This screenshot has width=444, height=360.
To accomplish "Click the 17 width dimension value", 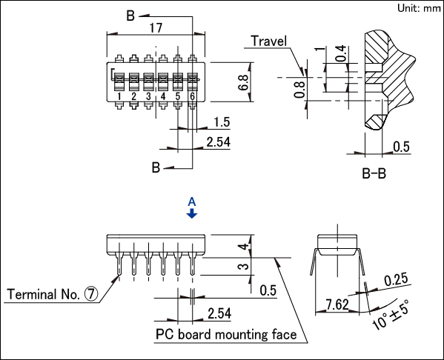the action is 156,28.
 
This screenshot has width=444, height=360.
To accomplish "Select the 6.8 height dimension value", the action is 243,83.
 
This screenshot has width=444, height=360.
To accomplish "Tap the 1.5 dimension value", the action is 222,122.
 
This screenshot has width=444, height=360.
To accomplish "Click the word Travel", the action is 269,41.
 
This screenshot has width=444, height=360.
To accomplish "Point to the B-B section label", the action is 374,173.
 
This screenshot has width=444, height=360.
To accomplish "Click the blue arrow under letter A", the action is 192,213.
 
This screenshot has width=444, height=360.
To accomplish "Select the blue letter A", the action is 192,202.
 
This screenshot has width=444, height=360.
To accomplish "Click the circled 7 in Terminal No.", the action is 91,294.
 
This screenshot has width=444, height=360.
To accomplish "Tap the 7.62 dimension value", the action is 337,304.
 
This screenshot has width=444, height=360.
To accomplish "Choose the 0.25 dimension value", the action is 396,279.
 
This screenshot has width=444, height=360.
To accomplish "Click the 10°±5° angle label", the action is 391,316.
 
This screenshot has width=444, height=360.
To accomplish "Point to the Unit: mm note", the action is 419,8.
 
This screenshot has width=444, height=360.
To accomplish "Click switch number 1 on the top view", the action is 119,96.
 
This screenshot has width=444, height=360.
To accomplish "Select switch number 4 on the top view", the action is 163,96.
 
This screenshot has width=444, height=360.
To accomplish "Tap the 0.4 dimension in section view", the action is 341,53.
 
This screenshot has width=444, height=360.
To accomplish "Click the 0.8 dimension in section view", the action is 299,90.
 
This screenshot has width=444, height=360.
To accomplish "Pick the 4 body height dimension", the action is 244,247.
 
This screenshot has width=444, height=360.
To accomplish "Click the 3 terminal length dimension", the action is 244,267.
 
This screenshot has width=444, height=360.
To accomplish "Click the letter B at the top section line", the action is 130,16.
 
